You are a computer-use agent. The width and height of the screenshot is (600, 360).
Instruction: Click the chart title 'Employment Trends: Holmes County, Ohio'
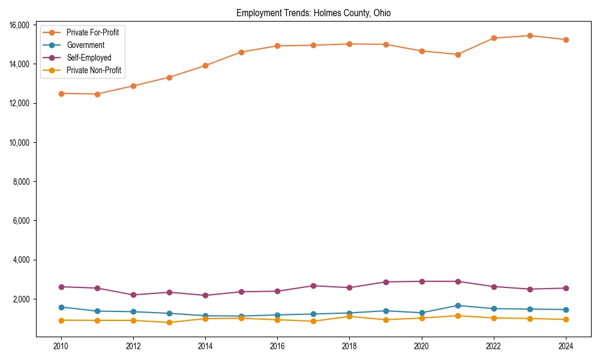click(313, 13)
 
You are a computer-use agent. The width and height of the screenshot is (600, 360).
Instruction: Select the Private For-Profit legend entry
click(92, 32)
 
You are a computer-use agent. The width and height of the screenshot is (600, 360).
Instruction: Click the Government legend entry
click(85, 45)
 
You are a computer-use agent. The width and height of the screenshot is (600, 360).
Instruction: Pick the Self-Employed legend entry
click(89, 58)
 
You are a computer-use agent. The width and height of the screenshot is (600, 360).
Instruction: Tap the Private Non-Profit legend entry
click(94, 70)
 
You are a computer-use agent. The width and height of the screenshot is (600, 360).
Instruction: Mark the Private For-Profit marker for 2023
click(530, 35)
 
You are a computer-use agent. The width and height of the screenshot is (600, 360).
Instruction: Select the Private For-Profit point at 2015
click(241, 52)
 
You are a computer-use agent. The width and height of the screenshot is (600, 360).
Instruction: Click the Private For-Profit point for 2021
click(458, 55)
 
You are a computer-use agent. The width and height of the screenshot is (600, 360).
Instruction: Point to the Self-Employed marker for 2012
click(133, 295)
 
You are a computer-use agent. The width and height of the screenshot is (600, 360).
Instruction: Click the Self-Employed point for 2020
click(422, 281)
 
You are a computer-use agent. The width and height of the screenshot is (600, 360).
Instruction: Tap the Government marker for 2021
click(458, 305)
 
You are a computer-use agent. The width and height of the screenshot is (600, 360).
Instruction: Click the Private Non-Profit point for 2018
click(349, 316)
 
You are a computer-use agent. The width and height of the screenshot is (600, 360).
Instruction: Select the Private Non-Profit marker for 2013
click(169, 322)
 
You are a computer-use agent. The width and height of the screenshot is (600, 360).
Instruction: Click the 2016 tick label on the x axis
click(277, 346)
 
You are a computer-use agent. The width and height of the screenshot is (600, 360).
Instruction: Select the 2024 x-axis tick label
click(566, 346)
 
